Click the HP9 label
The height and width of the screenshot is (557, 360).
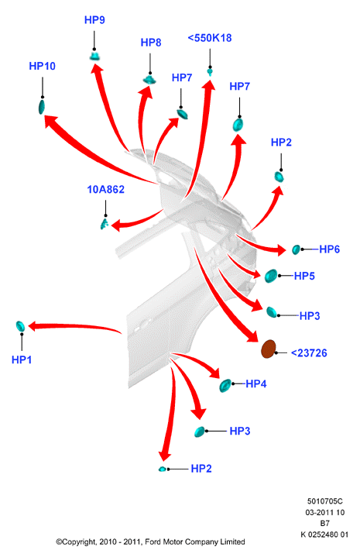click(x=94, y=20)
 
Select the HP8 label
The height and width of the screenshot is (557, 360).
click(x=151, y=43)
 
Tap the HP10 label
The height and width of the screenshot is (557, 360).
click(x=43, y=66)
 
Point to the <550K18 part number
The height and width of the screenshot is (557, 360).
click(x=210, y=38)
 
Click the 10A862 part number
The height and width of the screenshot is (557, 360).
click(x=106, y=189)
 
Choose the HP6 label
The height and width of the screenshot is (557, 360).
click(x=330, y=249)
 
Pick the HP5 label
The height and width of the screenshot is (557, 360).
click(x=304, y=276)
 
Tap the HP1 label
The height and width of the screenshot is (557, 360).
click(x=22, y=360)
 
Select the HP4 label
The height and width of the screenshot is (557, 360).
click(x=256, y=383)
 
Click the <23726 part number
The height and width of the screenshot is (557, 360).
click(x=309, y=353)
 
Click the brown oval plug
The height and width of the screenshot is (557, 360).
click(x=269, y=349)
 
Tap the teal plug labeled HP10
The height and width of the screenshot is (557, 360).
click(x=42, y=107)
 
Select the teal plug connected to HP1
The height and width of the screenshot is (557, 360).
click(x=20, y=326)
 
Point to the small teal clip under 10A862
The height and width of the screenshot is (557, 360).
click(x=105, y=224)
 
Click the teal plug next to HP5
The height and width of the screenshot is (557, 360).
click(x=271, y=276)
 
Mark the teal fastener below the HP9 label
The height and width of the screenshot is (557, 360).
click(x=94, y=56)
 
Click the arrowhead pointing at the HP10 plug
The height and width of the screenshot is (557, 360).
click(x=50, y=120)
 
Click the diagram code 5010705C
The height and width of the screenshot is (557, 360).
click(x=325, y=501)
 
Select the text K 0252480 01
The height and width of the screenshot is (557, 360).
click(x=324, y=535)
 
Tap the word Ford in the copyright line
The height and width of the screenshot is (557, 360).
click(x=153, y=542)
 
